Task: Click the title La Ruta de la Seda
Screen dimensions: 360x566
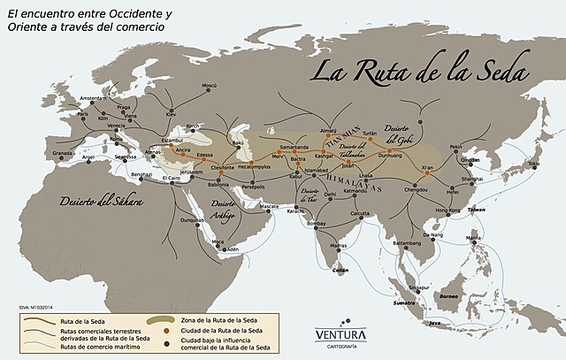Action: (419, 68)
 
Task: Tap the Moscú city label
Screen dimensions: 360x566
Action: (210, 85)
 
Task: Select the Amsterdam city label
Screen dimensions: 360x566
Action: (98, 98)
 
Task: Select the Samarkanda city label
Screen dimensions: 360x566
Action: (294, 147)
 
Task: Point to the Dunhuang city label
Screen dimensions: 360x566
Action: (389, 155)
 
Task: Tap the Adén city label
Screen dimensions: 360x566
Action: (233, 249)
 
